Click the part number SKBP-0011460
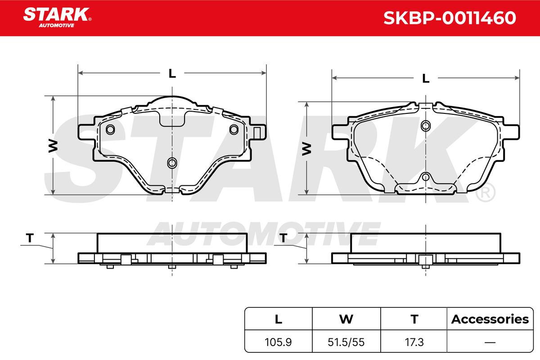(x=450, y=18)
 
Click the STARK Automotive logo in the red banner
(x=57, y=18)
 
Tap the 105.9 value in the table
(x=278, y=342)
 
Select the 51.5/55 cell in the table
(x=346, y=342)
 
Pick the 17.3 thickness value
(x=414, y=342)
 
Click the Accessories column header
(x=490, y=319)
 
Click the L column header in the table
(x=279, y=319)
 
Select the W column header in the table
(x=346, y=319)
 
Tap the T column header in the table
(x=414, y=319)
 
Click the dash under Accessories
(x=490, y=342)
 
